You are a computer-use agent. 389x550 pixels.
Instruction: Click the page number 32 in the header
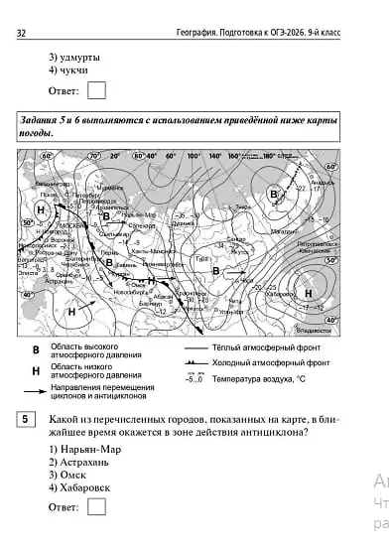tap(21, 34)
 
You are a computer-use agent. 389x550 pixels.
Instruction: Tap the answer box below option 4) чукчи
tap(96, 91)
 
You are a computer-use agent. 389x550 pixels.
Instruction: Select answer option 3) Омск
tap(67, 476)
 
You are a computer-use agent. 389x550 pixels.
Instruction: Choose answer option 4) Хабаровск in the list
tap(80, 488)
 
